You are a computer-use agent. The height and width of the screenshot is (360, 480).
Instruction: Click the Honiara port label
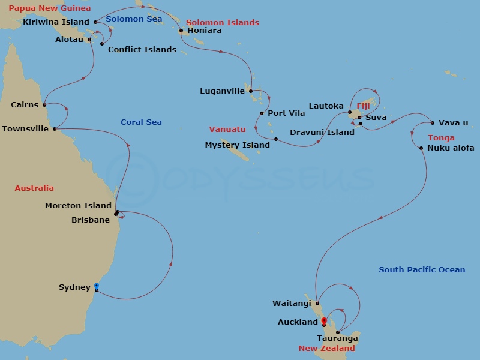[x=204, y=31]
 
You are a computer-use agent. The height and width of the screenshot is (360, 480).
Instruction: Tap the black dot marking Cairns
[x=44, y=105]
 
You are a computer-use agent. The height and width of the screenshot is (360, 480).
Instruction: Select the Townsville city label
[x=25, y=129]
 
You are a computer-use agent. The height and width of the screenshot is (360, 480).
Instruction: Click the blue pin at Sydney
[x=96, y=286]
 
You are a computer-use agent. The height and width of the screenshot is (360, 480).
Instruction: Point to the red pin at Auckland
[x=324, y=321]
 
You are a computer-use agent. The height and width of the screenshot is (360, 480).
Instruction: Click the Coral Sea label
[x=141, y=122]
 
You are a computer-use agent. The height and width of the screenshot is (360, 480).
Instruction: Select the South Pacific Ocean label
[x=422, y=270]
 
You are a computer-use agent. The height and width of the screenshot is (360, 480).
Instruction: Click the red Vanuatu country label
[x=227, y=129]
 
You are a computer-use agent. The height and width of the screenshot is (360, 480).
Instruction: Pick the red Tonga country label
[x=441, y=138]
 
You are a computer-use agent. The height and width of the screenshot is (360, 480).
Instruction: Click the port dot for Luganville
[x=250, y=91]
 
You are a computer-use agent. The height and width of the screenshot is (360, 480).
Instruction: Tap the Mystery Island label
[x=238, y=145]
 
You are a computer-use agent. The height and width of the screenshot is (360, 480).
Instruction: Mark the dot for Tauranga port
[x=338, y=332]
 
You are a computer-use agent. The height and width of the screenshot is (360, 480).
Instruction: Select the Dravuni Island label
[x=322, y=132]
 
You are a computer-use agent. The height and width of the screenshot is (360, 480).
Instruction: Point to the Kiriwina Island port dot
[x=96, y=22]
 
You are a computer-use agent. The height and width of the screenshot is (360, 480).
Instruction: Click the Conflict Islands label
[x=142, y=49]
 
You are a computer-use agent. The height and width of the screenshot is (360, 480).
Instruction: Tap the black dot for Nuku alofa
[x=422, y=148]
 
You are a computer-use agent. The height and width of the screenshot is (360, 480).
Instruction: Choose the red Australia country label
[x=34, y=188]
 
